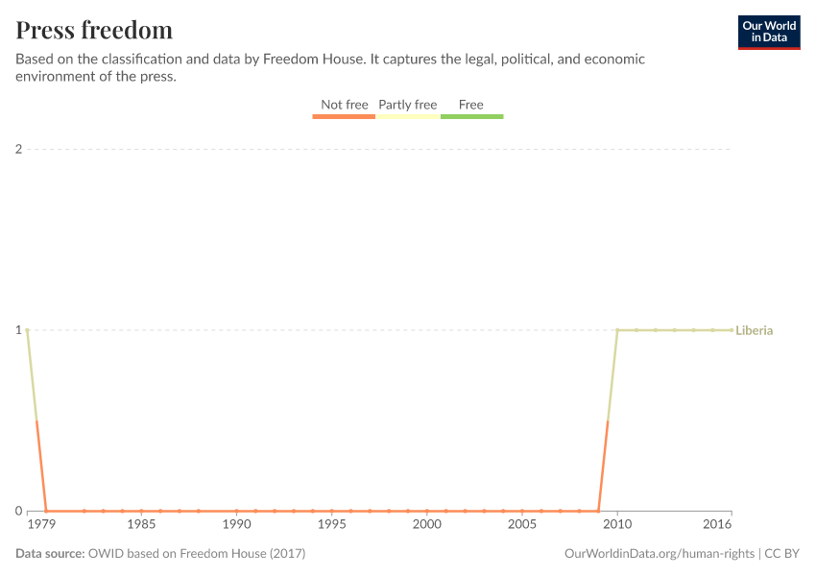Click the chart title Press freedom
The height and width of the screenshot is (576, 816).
(x=94, y=30)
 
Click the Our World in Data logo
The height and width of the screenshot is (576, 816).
(x=769, y=32)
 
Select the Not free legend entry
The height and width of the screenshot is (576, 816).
(x=344, y=105)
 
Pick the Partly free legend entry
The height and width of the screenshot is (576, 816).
(x=407, y=105)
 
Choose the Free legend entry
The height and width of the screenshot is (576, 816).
(x=471, y=105)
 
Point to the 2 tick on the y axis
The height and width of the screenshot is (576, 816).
(x=18, y=149)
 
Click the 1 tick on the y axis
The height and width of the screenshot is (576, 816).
(x=18, y=330)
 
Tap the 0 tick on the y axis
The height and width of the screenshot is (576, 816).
(x=18, y=511)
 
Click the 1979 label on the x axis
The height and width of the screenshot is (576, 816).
(x=41, y=525)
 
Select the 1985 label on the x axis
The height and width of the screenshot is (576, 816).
(x=141, y=525)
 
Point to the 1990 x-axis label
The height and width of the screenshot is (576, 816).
(x=236, y=525)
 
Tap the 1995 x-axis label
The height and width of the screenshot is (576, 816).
(x=331, y=525)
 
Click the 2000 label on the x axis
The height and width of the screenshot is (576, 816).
(x=426, y=525)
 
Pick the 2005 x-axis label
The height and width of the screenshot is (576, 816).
(x=521, y=525)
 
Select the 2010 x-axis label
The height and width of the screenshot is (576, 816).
(x=617, y=525)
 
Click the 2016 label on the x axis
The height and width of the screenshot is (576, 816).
(x=718, y=525)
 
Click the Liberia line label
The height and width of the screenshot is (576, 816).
(x=755, y=330)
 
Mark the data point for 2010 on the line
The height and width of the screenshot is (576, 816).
(x=617, y=330)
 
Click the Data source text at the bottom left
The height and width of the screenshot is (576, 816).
(x=160, y=554)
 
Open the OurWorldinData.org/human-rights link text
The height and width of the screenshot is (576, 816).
(x=660, y=554)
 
